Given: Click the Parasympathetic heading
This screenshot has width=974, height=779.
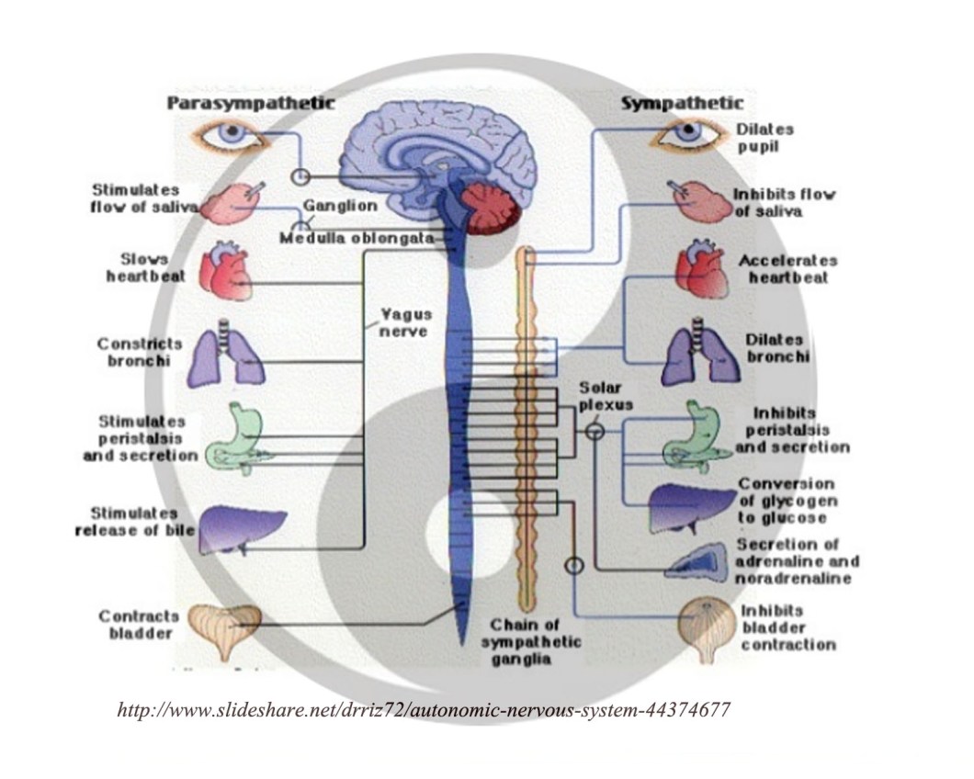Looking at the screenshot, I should (x=250, y=103).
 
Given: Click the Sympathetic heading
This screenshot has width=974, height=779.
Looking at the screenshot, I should (x=682, y=103).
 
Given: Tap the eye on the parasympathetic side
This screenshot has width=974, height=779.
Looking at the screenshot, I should (x=229, y=138).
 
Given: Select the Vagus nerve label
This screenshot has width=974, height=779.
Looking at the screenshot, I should (x=405, y=322).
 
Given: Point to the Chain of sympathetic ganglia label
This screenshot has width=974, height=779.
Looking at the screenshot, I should (x=531, y=640).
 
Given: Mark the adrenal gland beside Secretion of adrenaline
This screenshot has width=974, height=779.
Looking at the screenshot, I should (x=697, y=561).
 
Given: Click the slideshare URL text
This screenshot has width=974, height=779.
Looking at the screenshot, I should (x=424, y=711).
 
